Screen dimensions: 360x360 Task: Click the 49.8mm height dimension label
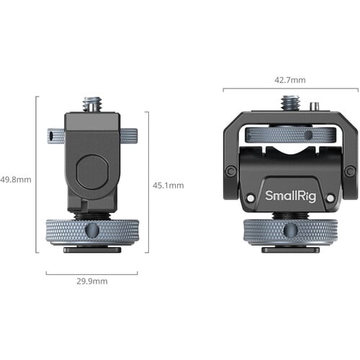coord(16,180)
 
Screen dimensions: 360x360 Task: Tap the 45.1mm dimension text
coord(169,185)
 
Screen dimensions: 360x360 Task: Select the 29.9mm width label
coord(91,281)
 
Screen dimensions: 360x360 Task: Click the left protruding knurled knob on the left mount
coord(55,135)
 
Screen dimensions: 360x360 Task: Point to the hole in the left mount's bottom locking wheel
coord(91,230)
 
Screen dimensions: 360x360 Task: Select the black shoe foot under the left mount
coord(91,250)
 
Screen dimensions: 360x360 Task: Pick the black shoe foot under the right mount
coord(289,250)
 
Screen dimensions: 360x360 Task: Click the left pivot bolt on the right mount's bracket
coord(230,171)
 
